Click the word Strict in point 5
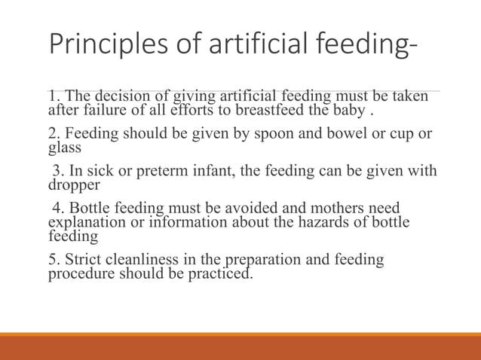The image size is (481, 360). (79, 260)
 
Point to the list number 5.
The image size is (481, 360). (52, 260)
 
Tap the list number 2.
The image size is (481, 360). (52, 134)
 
